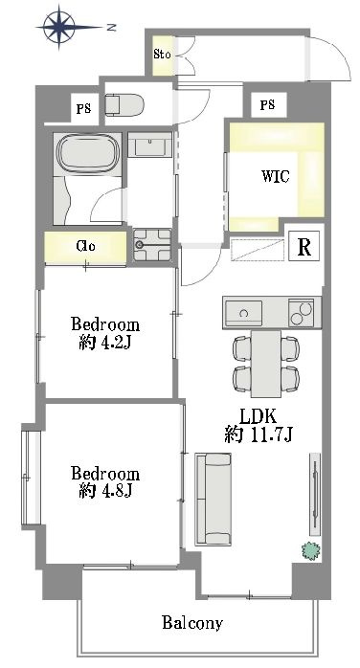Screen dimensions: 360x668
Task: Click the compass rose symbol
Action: (x=59, y=28)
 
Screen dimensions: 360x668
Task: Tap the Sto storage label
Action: (x=162, y=55)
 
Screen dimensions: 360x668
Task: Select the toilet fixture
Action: (x=124, y=105)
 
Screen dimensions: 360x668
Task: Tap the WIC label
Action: (x=276, y=176)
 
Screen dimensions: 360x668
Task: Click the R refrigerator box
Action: (x=304, y=246)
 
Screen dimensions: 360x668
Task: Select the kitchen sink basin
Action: (x=243, y=313)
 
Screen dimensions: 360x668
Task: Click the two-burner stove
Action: (x=302, y=313)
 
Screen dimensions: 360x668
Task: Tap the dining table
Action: (x=265, y=364)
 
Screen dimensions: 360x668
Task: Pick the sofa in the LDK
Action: (x=214, y=499)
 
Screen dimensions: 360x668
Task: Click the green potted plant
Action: (x=310, y=550)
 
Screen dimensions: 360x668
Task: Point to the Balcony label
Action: (x=192, y=623)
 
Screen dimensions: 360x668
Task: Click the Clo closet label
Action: (x=85, y=246)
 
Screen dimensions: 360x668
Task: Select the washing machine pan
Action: (x=152, y=245)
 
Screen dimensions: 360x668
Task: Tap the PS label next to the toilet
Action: (x=83, y=109)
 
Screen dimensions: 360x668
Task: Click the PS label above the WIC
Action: (x=267, y=105)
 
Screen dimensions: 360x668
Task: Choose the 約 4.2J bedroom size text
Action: (x=104, y=343)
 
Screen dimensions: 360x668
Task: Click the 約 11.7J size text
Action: (x=259, y=434)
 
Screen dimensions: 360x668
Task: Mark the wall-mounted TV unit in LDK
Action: (x=314, y=494)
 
